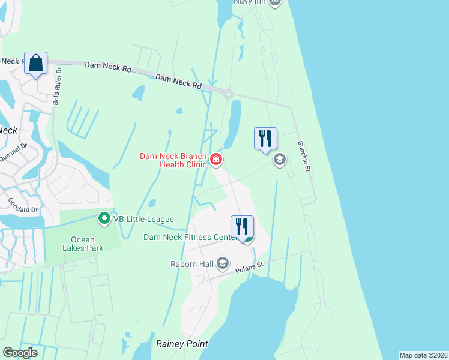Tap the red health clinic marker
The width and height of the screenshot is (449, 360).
[216, 160]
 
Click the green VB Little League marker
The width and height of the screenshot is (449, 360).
[104, 218]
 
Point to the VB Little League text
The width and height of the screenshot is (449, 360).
[144, 220]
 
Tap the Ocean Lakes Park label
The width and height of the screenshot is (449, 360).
[83, 242]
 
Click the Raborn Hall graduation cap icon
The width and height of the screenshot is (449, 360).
[223, 263]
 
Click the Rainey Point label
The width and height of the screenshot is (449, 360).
[182, 344]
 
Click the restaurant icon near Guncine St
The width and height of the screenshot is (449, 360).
[265, 139]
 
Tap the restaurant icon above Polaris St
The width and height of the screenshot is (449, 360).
[242, 227]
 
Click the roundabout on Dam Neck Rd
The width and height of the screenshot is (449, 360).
[228, 94]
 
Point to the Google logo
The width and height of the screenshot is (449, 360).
[20, 353]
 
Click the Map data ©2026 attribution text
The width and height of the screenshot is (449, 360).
[423, 355]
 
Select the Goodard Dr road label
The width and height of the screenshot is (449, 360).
[23, 205]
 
